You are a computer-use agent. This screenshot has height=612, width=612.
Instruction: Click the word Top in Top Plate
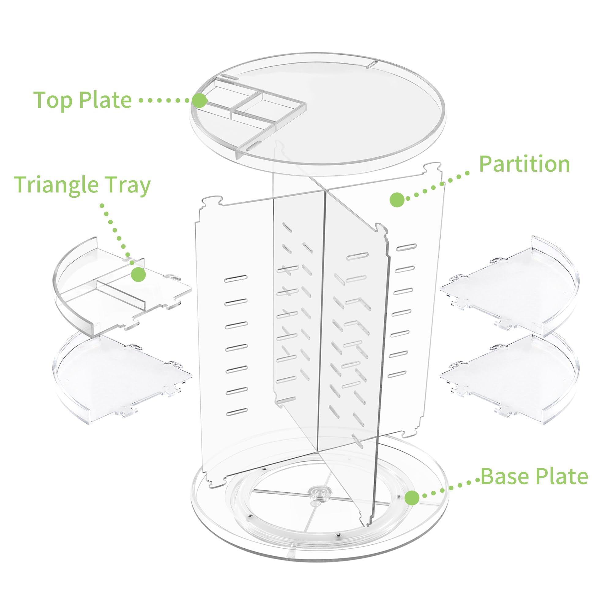(53, 100)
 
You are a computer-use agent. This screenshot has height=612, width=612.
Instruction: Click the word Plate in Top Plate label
(105, 100)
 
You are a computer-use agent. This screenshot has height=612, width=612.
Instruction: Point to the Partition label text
(524, 164)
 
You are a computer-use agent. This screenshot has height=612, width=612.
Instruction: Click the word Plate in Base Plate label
(562, 485)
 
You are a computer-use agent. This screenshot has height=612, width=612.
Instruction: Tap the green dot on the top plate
(200, 101)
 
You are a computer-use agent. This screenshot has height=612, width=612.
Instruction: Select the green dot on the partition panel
(397, 200)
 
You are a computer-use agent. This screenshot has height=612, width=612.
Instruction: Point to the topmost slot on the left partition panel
(236, 279)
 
